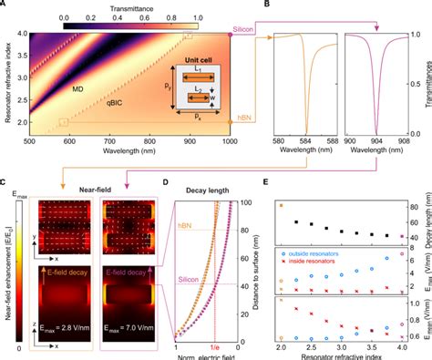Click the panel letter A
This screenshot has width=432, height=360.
click(5, 5)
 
